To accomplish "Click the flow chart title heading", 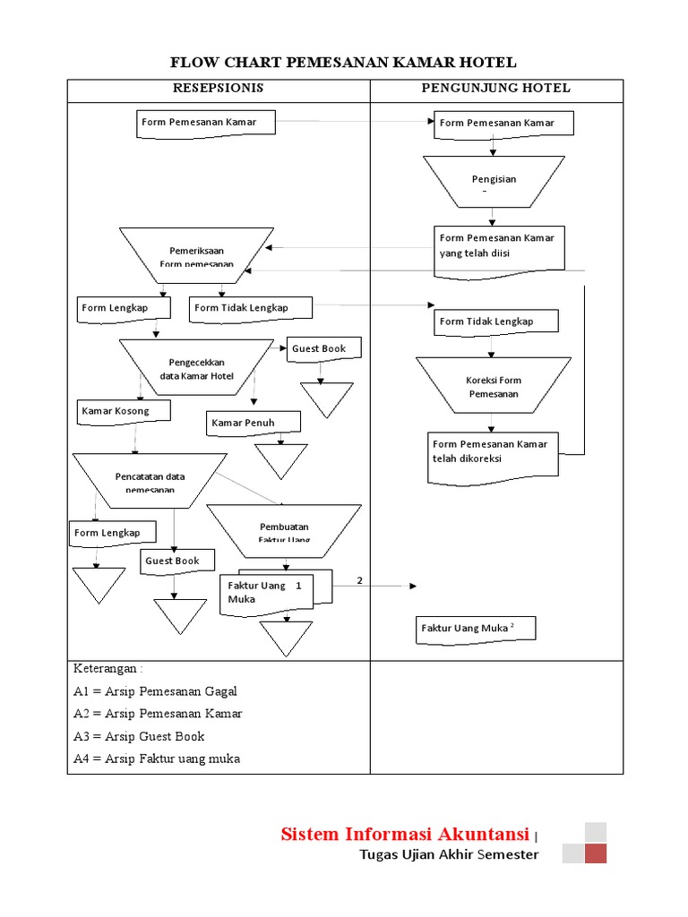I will tap(343, 62).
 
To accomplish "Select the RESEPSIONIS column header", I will tap(218, 88).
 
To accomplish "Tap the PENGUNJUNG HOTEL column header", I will tap(495, 88).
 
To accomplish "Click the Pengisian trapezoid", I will tap(494, 182).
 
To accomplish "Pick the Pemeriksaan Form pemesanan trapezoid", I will tap(196, 254).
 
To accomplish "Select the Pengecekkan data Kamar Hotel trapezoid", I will tap(196, 368).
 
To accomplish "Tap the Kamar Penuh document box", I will tap(254, 423).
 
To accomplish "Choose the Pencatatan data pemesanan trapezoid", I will tap(150, 481).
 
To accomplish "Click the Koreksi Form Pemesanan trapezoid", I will tap(493, 386).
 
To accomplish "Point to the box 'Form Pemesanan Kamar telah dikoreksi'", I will tap(493, 452).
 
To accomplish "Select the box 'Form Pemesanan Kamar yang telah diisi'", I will tap(499, 247).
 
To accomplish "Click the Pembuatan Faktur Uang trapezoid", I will tap(284, 531).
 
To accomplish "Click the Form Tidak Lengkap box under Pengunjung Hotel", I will tap(496, 321).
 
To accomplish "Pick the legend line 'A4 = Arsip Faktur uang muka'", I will tap(157, 758).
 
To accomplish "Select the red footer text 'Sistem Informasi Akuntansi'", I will tap(404, 835).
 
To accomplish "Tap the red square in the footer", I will tap(595, 853).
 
